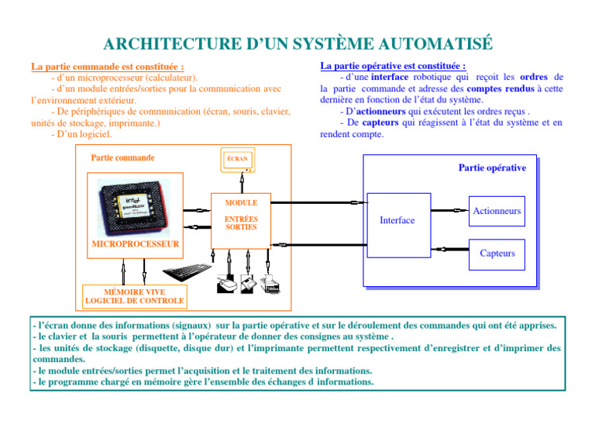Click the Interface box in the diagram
point(397,220)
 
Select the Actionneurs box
point(497,211)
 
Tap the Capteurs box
point(497,254)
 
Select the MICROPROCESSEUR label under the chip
point(135,244)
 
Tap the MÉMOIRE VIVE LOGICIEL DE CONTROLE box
point(134,295)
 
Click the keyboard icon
point(187,272)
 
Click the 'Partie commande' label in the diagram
point(122,157)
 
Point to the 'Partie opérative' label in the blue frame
point(492,167)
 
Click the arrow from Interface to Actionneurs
point(449,210)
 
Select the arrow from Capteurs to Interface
point(449,249)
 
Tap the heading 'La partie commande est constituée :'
point(107,68)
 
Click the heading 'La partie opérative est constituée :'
point(393,67)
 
